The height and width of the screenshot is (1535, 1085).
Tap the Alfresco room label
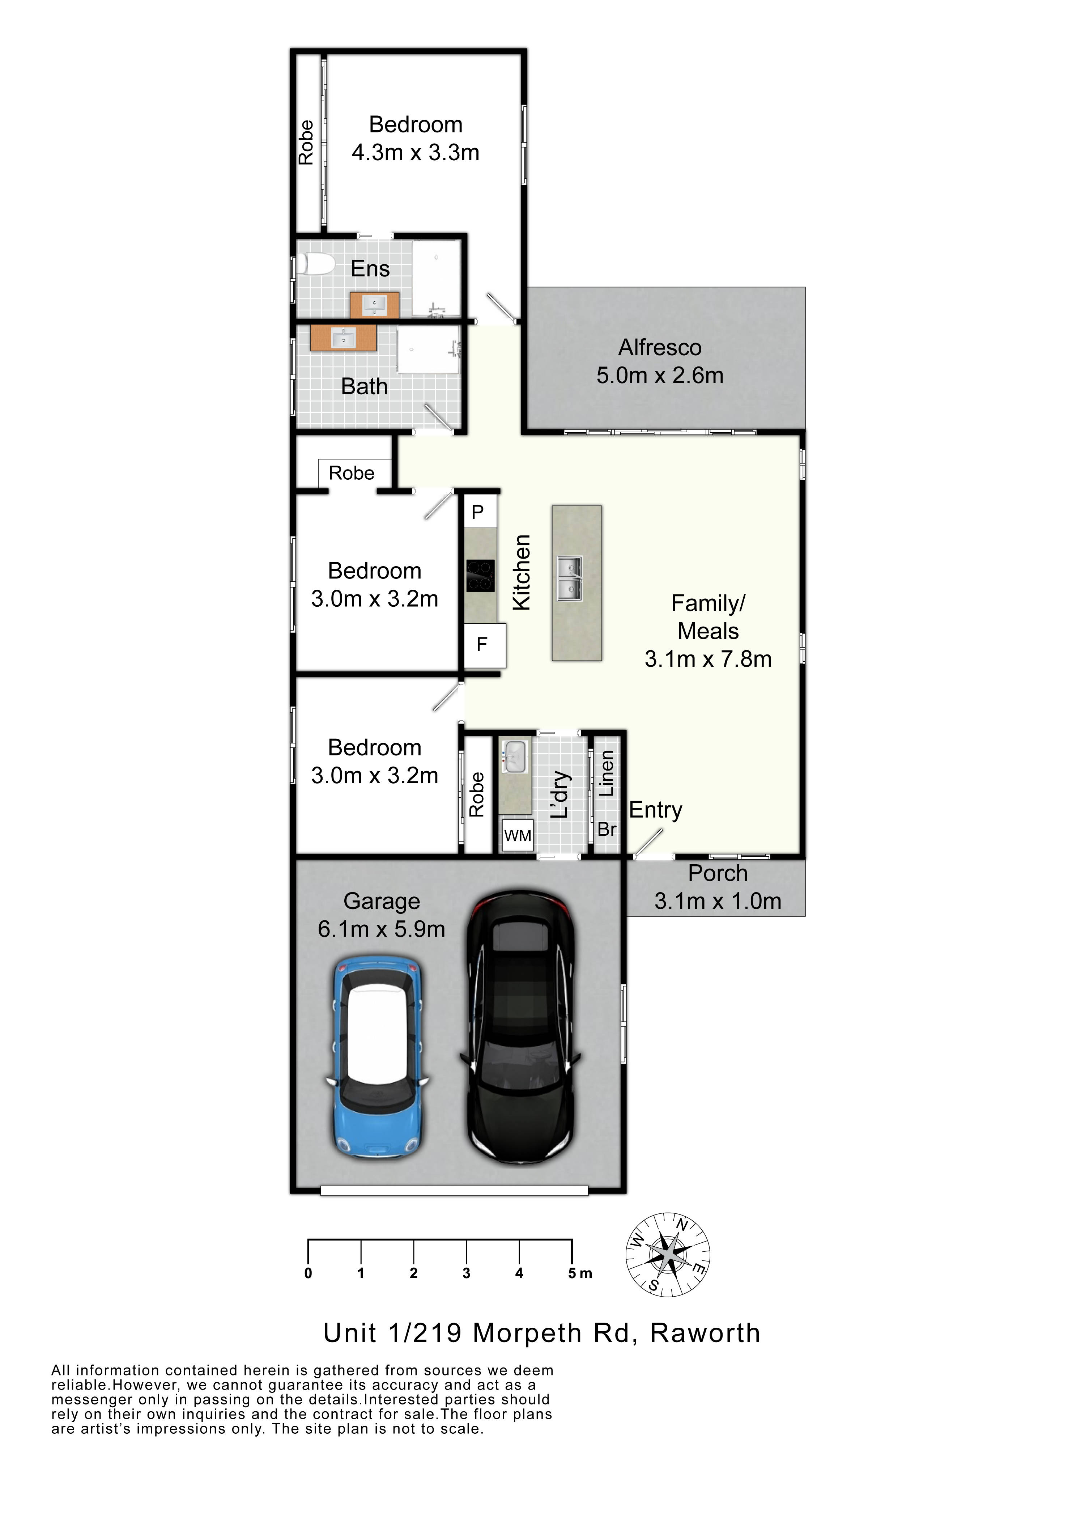click(660, 348)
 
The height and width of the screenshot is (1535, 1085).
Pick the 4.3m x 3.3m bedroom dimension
click(416, 152)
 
